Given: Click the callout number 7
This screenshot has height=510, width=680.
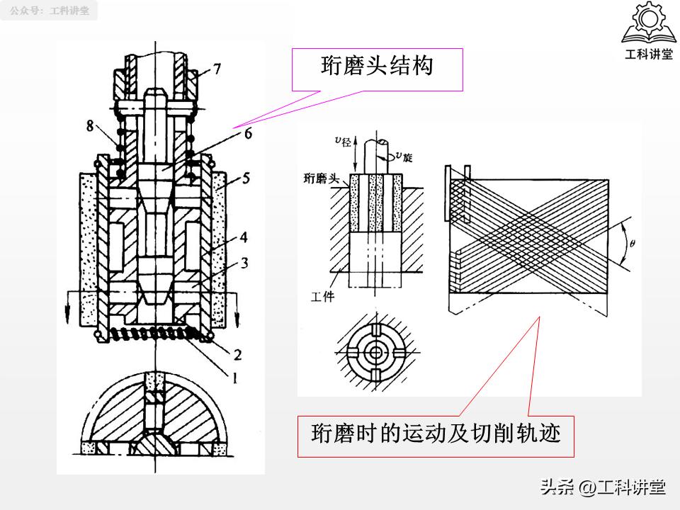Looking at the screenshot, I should tap(217, 69).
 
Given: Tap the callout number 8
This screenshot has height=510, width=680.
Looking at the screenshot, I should tap(91, 125).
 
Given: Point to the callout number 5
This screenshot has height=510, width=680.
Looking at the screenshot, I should tap(244, 179).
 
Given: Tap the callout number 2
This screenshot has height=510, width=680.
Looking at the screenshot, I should tap(239, 354).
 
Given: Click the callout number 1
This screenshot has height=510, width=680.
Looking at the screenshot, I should tap(234, 378).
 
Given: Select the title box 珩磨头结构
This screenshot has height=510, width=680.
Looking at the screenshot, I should tap(377, 69).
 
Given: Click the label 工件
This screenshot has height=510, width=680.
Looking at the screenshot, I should tap(322, 297).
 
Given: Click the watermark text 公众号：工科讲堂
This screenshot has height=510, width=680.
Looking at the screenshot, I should tap(50, 11).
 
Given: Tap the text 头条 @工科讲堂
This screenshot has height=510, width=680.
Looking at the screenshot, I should tap(603, 487).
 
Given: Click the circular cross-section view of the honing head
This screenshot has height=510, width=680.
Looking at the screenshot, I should tap(375, 351).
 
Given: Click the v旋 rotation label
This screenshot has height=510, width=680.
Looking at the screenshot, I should tap(404, 157).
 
